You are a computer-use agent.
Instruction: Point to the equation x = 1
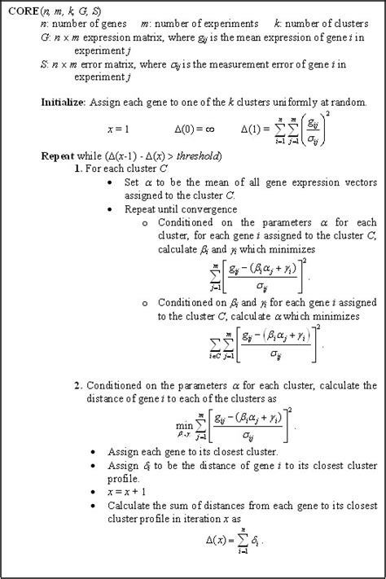point(118,129)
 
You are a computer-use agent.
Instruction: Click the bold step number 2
point(76,385)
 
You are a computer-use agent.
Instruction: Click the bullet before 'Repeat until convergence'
point(111,208)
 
